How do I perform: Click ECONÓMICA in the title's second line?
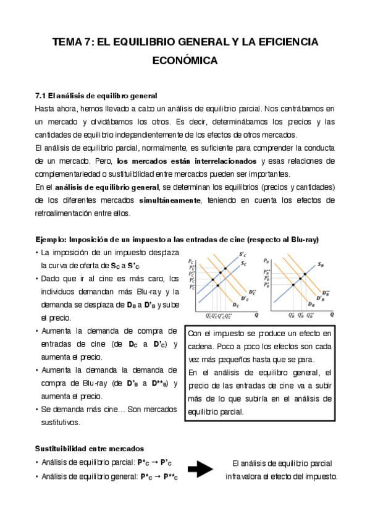click(185, 61)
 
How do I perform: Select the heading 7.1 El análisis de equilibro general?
click(96, 96)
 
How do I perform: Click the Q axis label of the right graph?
click(332, 313)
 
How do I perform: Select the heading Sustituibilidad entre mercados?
click(90, 448)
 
